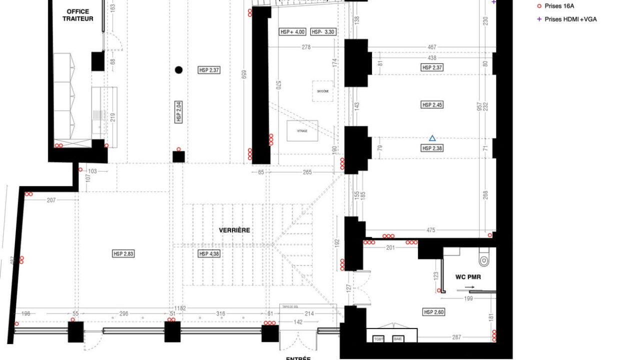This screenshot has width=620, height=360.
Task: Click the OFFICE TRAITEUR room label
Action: click(77, 15)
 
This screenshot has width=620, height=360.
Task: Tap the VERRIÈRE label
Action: click(234, 230)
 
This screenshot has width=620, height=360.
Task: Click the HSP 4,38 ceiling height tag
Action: click(209, 254)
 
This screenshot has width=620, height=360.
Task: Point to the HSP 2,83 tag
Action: click(123, 254)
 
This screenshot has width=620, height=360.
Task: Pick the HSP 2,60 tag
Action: click(433, 312)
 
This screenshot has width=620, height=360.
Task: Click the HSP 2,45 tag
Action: click(432, 105)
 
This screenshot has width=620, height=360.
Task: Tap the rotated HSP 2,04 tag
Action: click(178, 111)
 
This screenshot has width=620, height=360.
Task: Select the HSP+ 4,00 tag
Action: click(292, 31)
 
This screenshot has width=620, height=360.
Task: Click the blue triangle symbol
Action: click(432, 138)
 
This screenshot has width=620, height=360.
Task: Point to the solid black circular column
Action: click(178, 70)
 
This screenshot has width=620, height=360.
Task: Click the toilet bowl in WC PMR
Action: click(483, 260)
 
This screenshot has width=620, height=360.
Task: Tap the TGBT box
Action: click(379, 339)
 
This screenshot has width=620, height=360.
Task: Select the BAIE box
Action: click(398, 339)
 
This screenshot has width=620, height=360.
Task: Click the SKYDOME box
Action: click(323, 91)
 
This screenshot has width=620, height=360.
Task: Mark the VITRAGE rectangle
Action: click(302, 130)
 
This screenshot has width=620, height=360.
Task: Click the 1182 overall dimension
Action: click(180, 308)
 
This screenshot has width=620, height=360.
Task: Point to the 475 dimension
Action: click(431, 230)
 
